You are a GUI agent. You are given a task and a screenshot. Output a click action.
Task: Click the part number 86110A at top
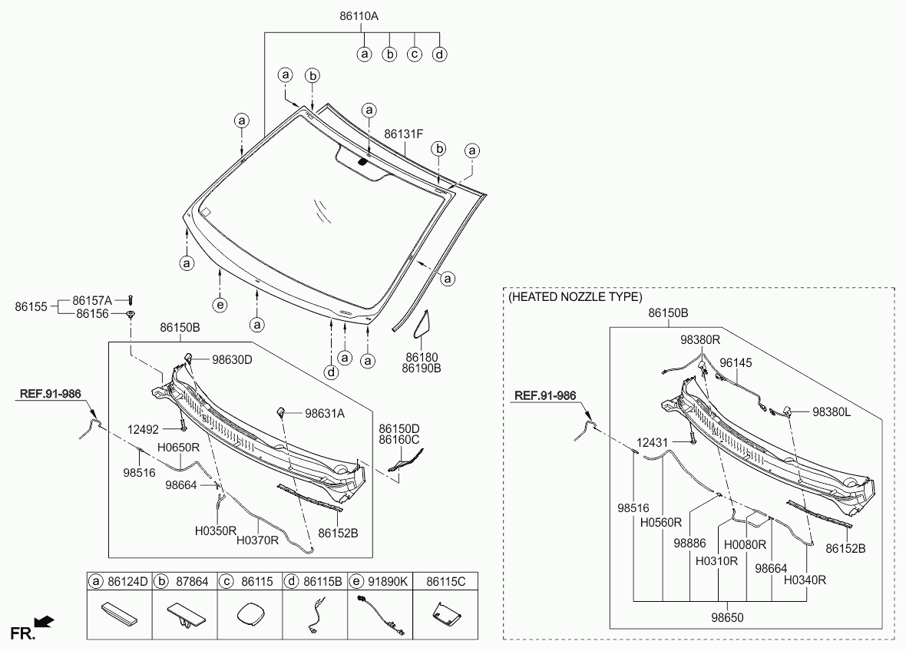pos(359,16)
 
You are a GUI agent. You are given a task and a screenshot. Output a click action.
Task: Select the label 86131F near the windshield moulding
pos(403,134)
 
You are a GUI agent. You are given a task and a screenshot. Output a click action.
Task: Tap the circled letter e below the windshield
pos(220,305)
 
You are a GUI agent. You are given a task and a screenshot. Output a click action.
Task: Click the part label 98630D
pos(233,359)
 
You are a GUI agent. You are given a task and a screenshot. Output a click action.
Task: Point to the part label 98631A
pos(325,413)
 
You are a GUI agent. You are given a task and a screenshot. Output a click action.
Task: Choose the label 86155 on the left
pos(31,306)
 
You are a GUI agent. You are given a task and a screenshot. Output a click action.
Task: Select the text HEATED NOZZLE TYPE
pos(575,297)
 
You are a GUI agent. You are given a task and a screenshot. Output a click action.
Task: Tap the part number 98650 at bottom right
pos(727,617)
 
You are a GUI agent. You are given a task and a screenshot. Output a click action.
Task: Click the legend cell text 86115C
pos(445,581)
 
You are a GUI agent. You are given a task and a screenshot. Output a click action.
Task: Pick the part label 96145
pos(736,363)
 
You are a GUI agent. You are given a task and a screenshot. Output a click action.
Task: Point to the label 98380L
pos(832,411)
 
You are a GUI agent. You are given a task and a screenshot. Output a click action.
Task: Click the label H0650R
pos(179,447)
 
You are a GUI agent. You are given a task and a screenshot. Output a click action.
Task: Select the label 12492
pos(144,429)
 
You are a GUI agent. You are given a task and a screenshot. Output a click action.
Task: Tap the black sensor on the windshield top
pos(363,162)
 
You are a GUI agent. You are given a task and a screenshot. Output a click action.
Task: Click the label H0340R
pos(805,580)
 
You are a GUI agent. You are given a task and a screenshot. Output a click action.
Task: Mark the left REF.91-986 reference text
pos(50,394)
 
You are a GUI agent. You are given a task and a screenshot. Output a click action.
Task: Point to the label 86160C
pos(399,440)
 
